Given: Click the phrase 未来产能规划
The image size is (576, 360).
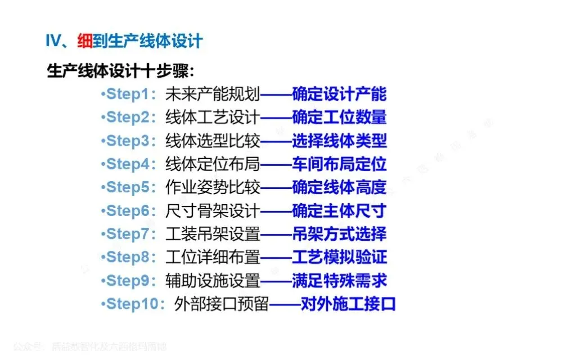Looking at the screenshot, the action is pyautogui.click(x=213, y=94).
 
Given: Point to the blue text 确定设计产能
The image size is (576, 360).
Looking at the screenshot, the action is pyautogui.click(x=339, y=94).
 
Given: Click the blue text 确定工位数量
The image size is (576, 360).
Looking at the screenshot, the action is pyautogui.click(x=339, y=118).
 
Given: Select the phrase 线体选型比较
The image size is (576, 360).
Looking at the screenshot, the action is pyautogui.click(x=213, y=141).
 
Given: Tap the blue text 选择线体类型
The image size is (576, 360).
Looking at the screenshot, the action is pyautogui.click(x=339, y=141).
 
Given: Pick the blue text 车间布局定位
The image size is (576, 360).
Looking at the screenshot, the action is pyautogui.click(x=339, y=164).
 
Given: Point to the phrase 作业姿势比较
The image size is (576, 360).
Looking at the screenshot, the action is pyautogui.click(x=213, y=187).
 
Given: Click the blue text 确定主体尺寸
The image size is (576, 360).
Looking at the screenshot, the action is pyautogui.click(x=339, y=211).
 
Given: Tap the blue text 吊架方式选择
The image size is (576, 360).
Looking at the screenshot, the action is pyautogui.click(x=339, y=234).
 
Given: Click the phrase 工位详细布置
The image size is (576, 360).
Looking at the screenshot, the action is pyautogui.click(x=213, y=257).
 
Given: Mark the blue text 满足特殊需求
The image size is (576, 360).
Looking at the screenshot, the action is pyautogui.click(x=339, y=281).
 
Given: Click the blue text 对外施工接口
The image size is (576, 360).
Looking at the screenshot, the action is pyautogui.click(x=348, y=304).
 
